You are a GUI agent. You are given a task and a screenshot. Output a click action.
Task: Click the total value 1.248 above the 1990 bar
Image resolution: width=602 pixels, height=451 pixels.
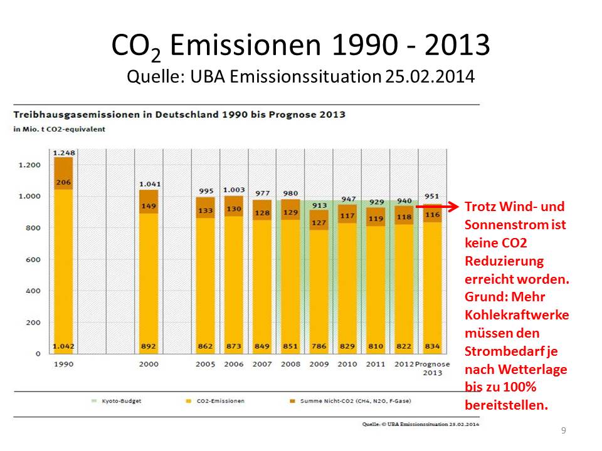coord(64,153)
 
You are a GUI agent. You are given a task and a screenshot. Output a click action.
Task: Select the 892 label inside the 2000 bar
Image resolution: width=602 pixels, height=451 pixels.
coord(149,345)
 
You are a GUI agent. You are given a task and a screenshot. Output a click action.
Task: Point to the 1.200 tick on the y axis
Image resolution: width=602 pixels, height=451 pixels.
coord(29,165)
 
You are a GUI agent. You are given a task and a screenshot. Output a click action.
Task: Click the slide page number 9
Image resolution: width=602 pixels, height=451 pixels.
coord(564,430)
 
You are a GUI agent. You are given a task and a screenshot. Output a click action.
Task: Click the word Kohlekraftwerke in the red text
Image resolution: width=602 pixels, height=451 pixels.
coord(517,315)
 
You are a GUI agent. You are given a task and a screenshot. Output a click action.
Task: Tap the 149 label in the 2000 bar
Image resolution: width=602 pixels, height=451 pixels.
coord(149,205)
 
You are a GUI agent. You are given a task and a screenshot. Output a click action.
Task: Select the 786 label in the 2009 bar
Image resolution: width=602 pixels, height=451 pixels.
coord(319,345)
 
